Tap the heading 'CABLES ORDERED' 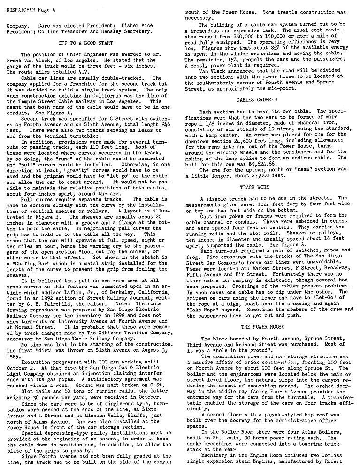coord(263,100)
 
